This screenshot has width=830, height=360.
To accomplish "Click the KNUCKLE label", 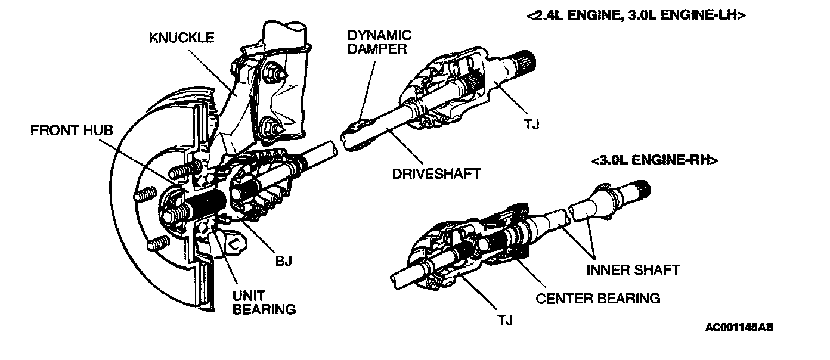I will tap(182, 38).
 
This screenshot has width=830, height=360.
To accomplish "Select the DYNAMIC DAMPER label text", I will tap(379, 42).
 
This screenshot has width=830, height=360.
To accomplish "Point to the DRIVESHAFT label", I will tap(436, 174).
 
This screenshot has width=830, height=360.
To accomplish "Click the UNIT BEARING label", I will tap(264, 302).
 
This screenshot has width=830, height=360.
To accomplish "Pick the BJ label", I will tap(283, 260).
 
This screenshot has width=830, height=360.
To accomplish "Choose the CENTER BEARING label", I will tap(598, 298).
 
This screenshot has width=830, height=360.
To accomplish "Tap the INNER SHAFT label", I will tap(633, 270).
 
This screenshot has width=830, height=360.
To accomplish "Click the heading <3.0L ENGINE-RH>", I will tap(654, 160).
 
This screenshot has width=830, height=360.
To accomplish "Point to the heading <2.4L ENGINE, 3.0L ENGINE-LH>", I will tap(636, 16).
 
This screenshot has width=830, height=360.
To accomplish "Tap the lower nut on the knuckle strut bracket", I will tap(270, 126).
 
